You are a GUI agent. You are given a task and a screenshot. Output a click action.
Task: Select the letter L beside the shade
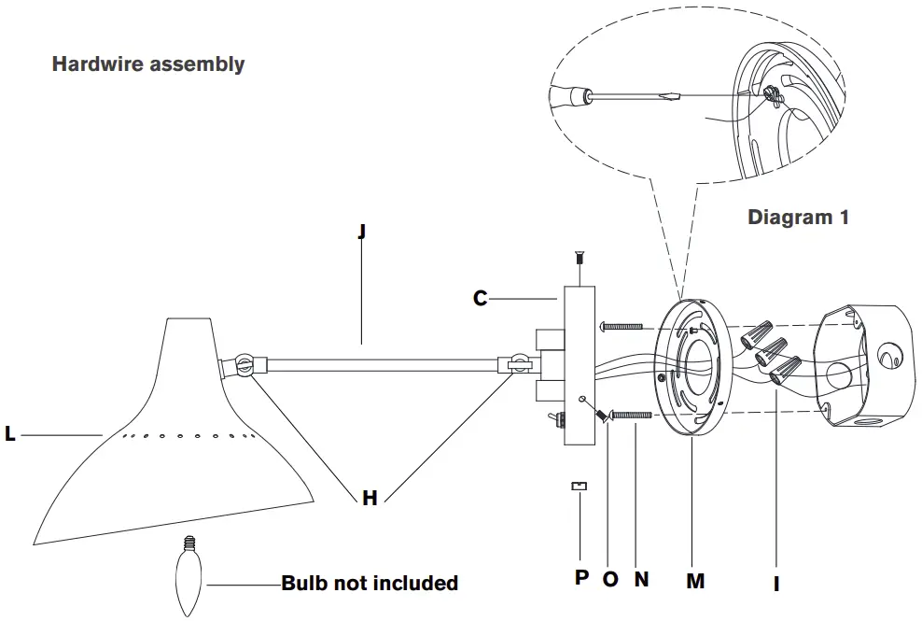(x=10, y=434)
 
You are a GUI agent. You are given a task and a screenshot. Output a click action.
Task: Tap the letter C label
(x=481, y=299)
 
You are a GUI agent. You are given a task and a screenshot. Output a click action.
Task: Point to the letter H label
(x=370, y=498)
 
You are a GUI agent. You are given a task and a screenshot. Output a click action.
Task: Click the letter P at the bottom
(x=581, y=577)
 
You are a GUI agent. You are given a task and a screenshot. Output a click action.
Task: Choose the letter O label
(x=610, y=579)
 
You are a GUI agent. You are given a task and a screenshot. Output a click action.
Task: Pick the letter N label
(x=641, y=579)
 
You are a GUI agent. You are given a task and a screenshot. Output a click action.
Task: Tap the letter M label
(x=694, y=581)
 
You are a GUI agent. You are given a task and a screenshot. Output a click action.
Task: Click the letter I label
(x=776, y=585)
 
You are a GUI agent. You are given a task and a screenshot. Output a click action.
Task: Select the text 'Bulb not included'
(x=370, y=584)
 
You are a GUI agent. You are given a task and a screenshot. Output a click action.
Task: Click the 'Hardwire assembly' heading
(x=148, y=64)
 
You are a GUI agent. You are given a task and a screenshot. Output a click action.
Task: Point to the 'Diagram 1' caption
(x=799, y=218)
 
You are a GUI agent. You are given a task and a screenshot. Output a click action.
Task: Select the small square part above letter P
(x=580, y=486)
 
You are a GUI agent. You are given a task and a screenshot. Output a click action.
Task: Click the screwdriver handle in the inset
(x=566, y=95)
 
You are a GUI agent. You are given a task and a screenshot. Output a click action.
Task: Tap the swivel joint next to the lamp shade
(x=245, y=365)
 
